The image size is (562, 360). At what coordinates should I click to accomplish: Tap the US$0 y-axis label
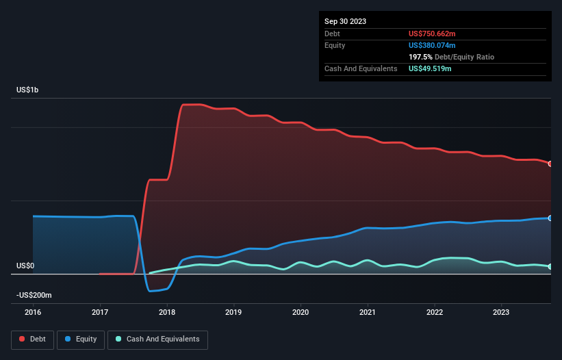point(25,266)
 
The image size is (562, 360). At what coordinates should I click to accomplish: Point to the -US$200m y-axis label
point(34,295)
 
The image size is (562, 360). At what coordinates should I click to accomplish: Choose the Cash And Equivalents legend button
point(157,339)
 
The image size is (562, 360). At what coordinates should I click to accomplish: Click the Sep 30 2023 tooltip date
point(345,21)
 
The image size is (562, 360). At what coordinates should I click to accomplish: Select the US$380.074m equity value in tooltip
point(432,45)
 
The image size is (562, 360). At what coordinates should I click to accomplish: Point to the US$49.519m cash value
point(430,68)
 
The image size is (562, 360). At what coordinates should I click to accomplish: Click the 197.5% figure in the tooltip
point(420,57)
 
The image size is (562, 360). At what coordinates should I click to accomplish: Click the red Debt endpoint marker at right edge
point(550,164)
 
